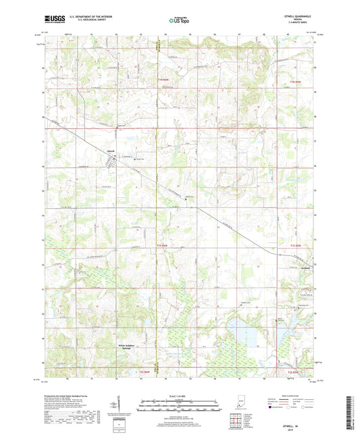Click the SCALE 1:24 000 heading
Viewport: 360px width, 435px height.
pos(180,396)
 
